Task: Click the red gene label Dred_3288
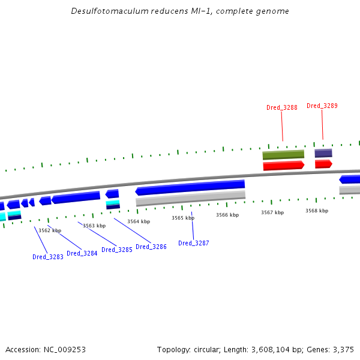click(282, 108)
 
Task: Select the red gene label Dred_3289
click(322, 106)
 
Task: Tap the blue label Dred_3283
click(48, 257)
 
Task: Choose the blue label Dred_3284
click(82, 254)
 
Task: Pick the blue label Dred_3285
click(117, 250)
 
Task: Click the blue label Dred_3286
click(151, 247)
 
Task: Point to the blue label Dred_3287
click(194, 244)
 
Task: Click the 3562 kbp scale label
click(50, 230)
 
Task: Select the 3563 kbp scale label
click(94, 226)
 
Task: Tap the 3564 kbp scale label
click(139, 222)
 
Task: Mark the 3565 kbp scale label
click(183, 218)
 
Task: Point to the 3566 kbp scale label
click(227, 215)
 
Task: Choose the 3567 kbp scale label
click(272, 213)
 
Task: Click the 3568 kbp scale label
click(317, 211)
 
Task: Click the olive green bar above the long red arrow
click(283, 155)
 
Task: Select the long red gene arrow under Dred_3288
click(283, 166)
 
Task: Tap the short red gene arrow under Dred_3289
click(323, 164)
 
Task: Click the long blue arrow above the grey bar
click(190, 188)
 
